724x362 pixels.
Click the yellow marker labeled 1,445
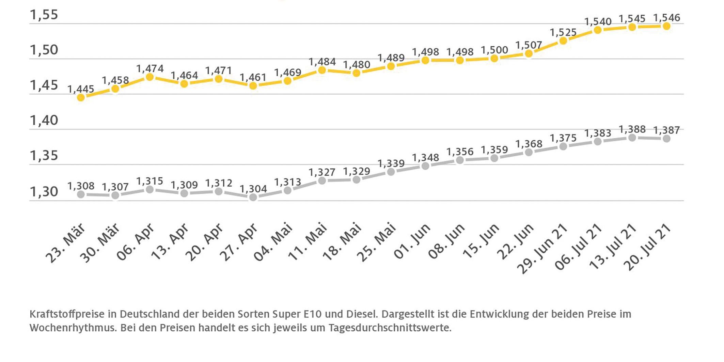coord(81,98)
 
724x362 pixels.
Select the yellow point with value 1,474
coord(149,77)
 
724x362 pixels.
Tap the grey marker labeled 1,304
coord(253,197)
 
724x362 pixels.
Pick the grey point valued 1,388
coord(632,138)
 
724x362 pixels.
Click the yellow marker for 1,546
coord(666,26)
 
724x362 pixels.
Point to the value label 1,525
coord(563,33)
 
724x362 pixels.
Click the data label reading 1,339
coord(391,163)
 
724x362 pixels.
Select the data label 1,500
coord(494,50)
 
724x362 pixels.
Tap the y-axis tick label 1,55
coord(44,15)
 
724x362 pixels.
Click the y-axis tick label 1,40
coord(44,120)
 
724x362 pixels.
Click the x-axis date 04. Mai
coord(273,242)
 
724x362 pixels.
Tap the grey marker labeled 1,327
coord(322,180)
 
